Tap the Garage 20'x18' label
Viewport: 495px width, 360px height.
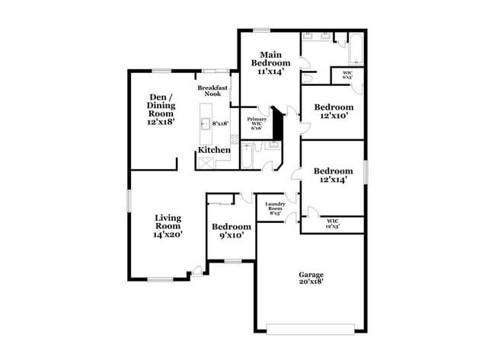[x=311, y=278]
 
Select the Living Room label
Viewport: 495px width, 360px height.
[x=168, y=226]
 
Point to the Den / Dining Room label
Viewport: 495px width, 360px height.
[x=161, y=109]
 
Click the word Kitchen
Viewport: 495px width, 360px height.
[x=214, y=150]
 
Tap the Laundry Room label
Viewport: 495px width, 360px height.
[x=275, y=208]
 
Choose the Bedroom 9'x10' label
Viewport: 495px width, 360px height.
[x=232, y=231]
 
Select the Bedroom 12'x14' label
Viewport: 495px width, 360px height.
[x=334, y=176]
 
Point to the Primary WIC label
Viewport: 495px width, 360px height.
[x=256, y=123]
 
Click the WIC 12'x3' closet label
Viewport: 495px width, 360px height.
[x=332, y=224]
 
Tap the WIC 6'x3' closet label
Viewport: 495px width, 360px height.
[x=347, y=75]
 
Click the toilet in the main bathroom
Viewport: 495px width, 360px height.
[x=307, y=78]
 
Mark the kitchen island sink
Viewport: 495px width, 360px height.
[x=204, y=123]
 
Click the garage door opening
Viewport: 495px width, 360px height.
[x=310, y=328]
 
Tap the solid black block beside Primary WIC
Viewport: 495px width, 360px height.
[x=278, y=124]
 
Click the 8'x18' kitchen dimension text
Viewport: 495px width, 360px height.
[x=221, y=123]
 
